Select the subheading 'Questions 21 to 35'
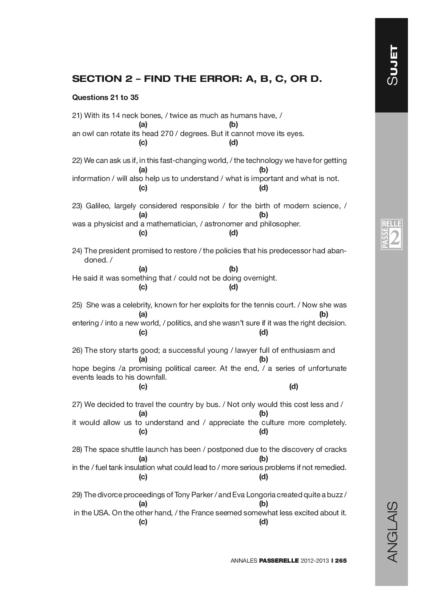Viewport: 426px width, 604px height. tap(105, 98)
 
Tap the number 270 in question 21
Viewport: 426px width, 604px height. tap(166, 134)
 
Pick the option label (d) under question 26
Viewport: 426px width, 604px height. tap(294, 386)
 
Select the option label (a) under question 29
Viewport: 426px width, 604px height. tap(143, 504)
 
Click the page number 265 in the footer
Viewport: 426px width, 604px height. tap(340, 561)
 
